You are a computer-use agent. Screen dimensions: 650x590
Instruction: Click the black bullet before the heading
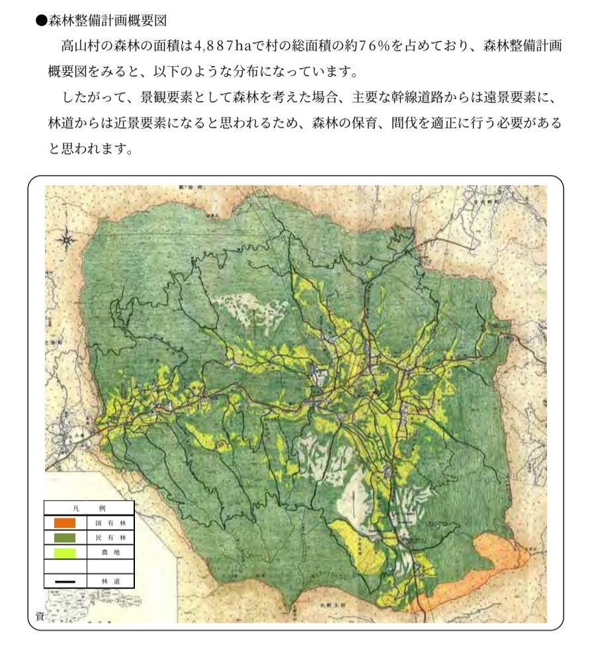pos(42,20)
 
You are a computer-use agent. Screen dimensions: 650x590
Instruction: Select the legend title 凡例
pos(89,508)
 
